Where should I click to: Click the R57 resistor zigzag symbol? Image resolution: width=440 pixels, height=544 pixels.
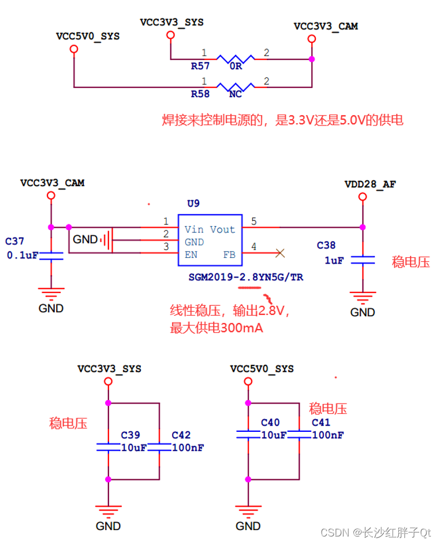click(x=235, y=58)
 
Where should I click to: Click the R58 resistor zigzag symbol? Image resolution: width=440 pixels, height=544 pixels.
click(x=235, y=87)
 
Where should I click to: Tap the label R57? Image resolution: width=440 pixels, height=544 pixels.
click(x=200, y=66)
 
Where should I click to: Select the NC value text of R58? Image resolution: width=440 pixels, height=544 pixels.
click(x=235, y=94)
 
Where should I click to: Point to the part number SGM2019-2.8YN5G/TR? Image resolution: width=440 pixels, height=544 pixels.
click(x=245, y=277)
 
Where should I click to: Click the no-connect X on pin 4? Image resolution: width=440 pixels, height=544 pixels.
click(x=280, y=253)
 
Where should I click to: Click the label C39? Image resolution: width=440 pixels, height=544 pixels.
click(x=130, y=435)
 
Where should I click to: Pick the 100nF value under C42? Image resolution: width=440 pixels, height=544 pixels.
click(x=188, y=447)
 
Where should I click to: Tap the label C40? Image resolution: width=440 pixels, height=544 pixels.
click(x=270, y=423)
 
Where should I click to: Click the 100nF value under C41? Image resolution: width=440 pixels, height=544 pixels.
click(x=329, y=435)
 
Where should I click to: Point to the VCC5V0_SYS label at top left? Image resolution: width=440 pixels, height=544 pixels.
click(x=87, y=36)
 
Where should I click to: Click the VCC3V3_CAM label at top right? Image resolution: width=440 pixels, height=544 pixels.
click(x=326, y=26)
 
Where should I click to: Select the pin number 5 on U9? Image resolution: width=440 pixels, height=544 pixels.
click(x=253, y=221)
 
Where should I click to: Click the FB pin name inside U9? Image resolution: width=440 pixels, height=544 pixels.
click(x=229, y=254)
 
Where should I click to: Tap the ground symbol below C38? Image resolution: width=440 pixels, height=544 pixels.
click(x=363, y=298)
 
